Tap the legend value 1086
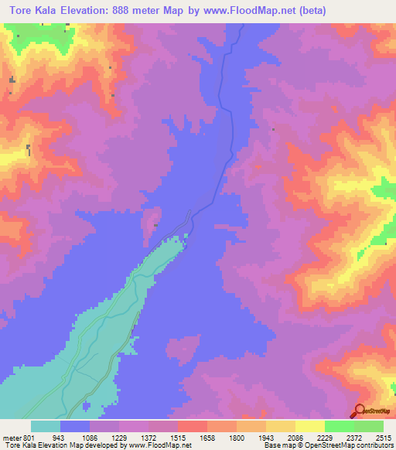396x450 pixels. pyautogui.click(x=91, y=438)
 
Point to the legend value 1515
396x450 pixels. pyautogui.click(x=179, y=438)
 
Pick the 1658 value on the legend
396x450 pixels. pyautogui.click(x=207, y=438)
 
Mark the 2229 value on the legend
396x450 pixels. pyautogui.click(x=325, y=438)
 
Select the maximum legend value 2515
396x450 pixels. pyautogui.click(x=381, y=438)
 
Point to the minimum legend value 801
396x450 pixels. pyautogui.click(x=26, y=438)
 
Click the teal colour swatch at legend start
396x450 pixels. pyautogui.click(x=46, y=426)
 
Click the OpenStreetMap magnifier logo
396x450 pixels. pyautogui.click(x=360, y=411)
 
